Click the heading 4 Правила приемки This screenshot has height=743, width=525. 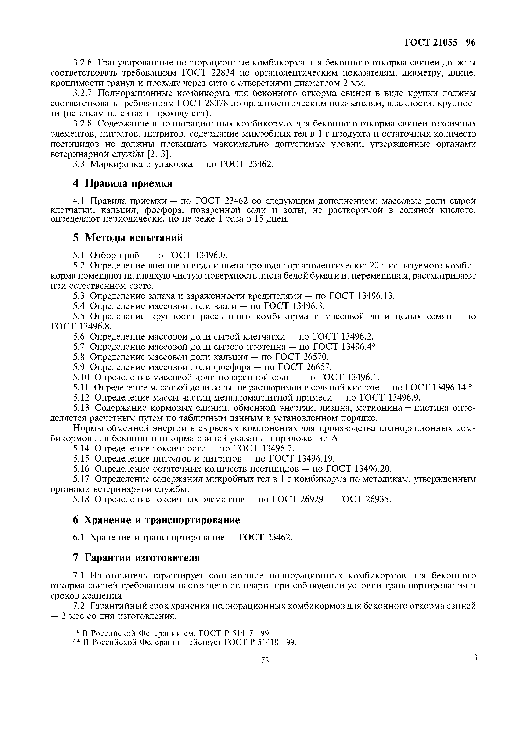[123, 183]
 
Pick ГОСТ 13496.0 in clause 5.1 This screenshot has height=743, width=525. [196, 255]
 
